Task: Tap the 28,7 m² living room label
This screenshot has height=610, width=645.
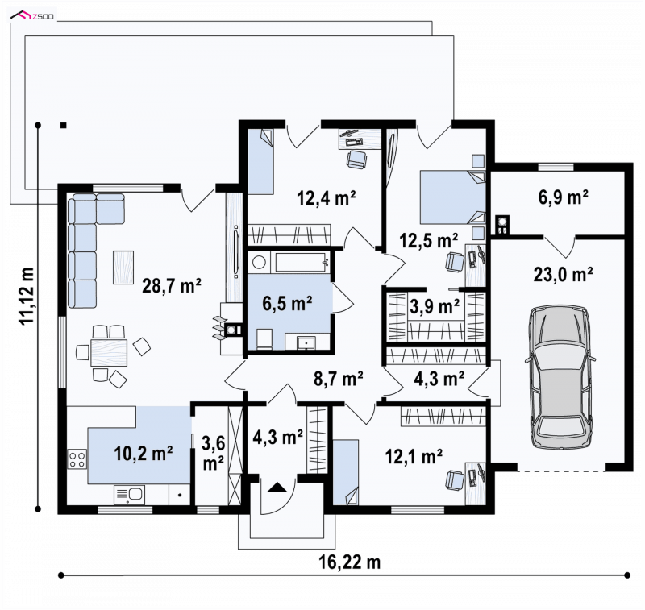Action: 172,286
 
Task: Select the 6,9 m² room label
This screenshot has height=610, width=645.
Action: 563,197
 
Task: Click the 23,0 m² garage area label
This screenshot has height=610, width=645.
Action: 563,274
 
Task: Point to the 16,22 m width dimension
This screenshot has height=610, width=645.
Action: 350,562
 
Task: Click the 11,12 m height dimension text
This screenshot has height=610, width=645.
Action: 28,296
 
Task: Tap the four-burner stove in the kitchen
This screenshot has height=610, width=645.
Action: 77,459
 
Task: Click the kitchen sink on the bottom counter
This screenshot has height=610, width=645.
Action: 129,495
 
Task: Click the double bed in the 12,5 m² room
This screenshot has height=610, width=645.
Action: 452,197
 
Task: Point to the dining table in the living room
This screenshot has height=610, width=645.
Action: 109,352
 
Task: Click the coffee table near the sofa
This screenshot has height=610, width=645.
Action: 123,268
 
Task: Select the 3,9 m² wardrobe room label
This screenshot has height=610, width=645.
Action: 435,306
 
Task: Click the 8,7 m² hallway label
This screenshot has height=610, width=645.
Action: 338,379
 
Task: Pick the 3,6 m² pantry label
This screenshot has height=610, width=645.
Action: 214,454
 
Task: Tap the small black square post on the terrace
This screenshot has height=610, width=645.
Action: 64,126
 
